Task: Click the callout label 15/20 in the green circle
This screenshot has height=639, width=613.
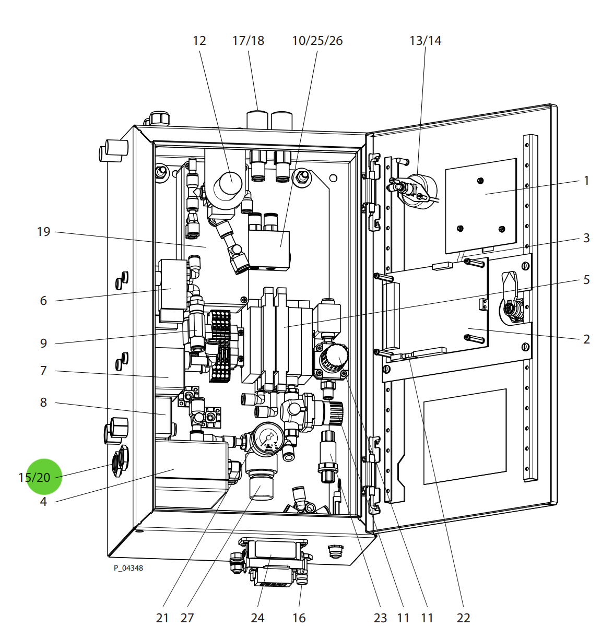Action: click(34, 477)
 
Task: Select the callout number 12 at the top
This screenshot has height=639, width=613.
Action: click(199, 41)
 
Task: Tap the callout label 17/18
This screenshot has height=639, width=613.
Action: click(248, 41)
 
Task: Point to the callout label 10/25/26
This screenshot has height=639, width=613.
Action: click(317, 41)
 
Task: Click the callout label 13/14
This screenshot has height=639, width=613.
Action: click(425, 41)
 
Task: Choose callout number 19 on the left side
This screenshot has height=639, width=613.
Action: click(43, 232)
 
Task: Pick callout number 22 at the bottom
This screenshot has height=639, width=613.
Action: click(463, 618)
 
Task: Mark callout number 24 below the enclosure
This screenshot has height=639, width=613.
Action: click(257, 618)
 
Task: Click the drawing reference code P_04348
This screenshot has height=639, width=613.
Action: click(128, 568)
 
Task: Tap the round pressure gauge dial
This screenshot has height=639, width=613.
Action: click(269, 437)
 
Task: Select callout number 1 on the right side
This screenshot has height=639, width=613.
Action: click(586, 181)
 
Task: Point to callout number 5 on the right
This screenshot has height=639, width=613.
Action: click(586, 280)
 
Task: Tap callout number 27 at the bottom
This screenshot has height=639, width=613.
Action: click(187, 618)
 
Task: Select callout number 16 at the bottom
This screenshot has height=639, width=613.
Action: click(299, 618)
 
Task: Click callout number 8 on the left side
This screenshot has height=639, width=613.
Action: click(43, 403)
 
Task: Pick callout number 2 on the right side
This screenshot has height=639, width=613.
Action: click(586, 339)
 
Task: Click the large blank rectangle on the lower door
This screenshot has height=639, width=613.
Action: click(465, 436)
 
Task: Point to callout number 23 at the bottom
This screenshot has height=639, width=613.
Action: click(380, 618)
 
